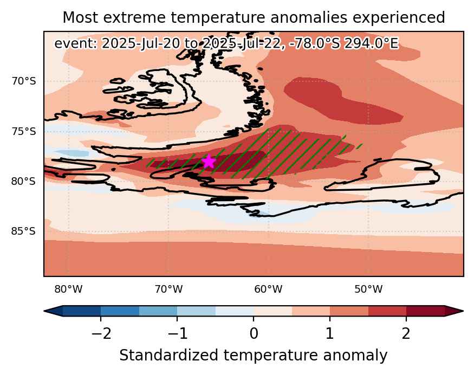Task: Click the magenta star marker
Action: pyautogui.click(x=209, y=162)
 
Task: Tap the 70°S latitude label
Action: pyautogui.click(x=24, y=81)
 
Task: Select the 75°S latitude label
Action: pyautogui.click(x=24, y=132)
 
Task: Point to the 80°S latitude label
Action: pyautogui.click(x=24, y=181)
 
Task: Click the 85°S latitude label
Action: pyautogui.click(x=24, y=231)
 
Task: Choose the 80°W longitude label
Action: pyautogui.click(x=68, y=289)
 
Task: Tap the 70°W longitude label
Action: pyautogui.click(x=168, y=289)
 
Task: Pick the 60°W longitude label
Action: pyautogui.click(x=268, y=289)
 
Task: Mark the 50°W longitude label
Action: pyautogui.click(x=368, y=289)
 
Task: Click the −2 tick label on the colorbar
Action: pyautogui.click(x=101, y=333)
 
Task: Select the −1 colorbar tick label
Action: pyautogui.click(x=178, y=333)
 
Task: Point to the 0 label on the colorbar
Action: pyautogui.click(x=254, y=333)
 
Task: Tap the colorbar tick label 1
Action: pyautogui.click(x=330, y=333)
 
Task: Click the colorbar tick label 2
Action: pyautogui.click(x=406, y=333)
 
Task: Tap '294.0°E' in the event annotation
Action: pyautogui.click(x=372, y=43)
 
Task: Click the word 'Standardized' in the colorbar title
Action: pyautogui.click(x=168, y=355)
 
